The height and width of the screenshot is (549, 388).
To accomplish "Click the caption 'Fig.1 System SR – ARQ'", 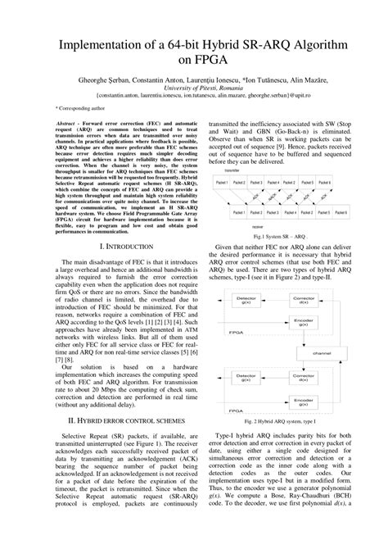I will click(282, 234).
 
